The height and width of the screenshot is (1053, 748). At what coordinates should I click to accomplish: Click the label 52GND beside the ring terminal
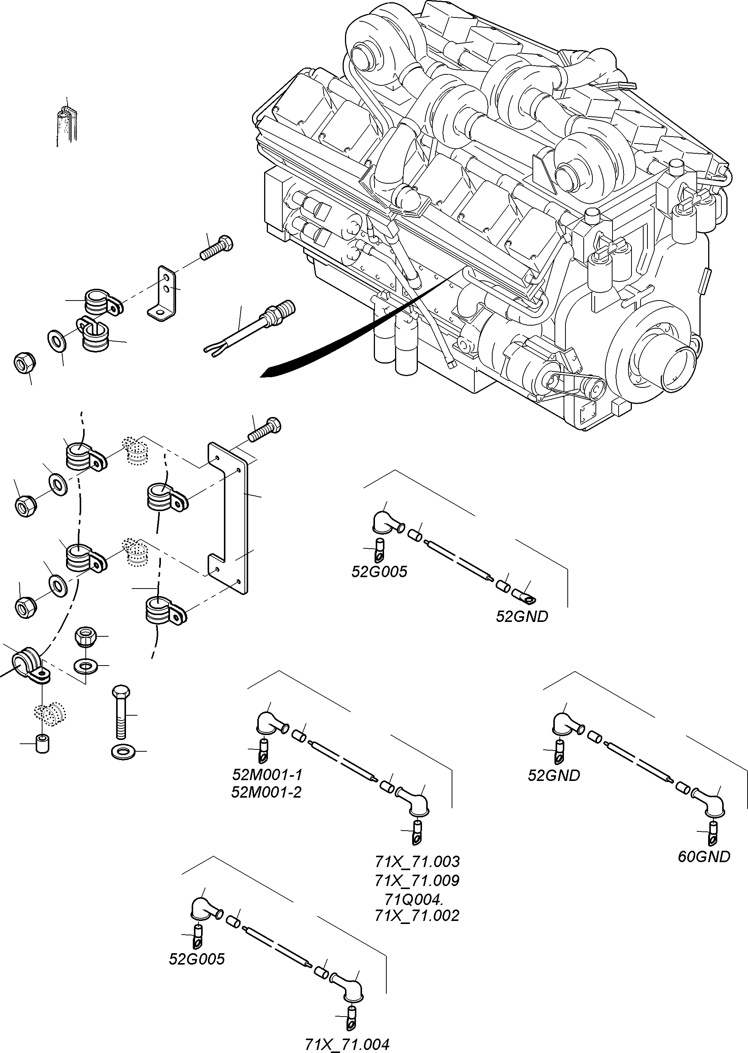click(522, 617)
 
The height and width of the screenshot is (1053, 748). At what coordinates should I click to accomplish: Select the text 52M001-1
click(267, 774)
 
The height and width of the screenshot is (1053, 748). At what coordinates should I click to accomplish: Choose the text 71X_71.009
click(417, 880)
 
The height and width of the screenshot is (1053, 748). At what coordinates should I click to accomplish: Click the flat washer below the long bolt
click(121, 752)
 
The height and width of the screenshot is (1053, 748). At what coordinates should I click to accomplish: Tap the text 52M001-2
click(266, 792)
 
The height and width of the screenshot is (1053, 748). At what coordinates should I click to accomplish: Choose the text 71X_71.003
click(417, 861)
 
